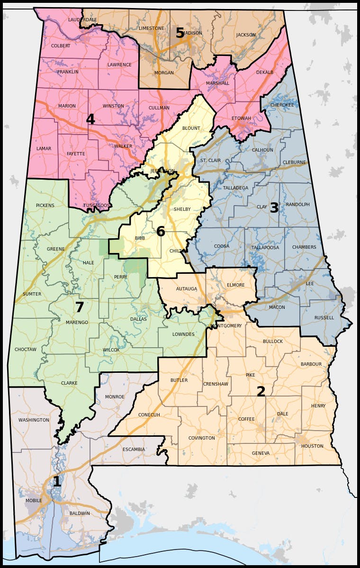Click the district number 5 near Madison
point(180,33)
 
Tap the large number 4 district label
point(90,119)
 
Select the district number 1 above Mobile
point(57,482)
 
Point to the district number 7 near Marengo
point(80,307)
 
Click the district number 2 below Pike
point(261,392)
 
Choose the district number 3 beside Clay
point(274,208)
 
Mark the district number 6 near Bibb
point(161,232)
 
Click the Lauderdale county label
point(82,20)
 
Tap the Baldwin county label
point(80,513)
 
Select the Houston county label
point(312,446)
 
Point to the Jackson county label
point(246,35)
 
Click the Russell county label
point(324,318)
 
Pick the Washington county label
point(34,420)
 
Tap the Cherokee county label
point(282,105)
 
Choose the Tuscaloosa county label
point(97,205)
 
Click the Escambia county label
point(134,450)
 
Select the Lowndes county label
point(183,334)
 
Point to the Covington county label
point(202,438)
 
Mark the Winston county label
point(113,106)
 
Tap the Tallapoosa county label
point(265,247)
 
